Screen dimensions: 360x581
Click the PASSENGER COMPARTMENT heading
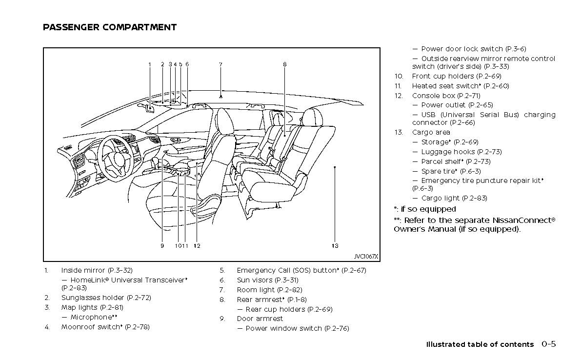(110, 27)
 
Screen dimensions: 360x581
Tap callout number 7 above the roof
(220, 64)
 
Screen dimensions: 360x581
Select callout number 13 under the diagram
(335, 246)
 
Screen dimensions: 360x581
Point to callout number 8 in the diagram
(284, 64)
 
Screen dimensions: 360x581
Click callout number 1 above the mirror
(150, 64)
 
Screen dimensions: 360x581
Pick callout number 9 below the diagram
(162, 246)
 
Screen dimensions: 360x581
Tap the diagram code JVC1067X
(366, 257)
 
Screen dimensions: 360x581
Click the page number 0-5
(548, 344)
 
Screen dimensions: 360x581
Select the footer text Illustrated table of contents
(480, 344)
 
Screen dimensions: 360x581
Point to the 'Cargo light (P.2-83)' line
(454, 198)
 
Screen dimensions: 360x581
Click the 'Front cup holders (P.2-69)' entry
(457, 76)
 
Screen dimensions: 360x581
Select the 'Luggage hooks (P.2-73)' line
(461, 152)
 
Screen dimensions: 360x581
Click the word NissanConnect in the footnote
(521, 220)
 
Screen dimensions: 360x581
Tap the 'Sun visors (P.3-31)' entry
(267, 280)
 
